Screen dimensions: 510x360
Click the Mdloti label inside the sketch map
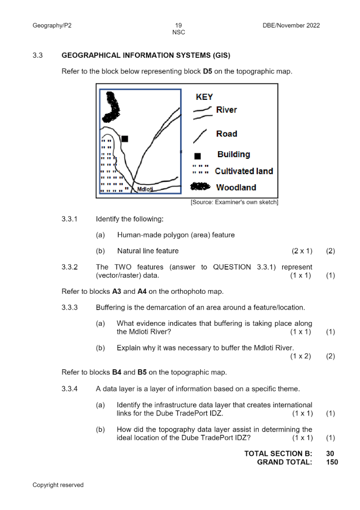pos(145,189)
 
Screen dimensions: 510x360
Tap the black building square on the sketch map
pos(125,138)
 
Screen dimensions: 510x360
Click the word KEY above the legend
pos(204,97)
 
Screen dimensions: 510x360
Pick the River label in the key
pos(226,110)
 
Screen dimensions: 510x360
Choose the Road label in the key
pos(226,134)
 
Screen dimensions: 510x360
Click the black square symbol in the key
pos(197,156)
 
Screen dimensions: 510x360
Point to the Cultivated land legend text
pos(244,171)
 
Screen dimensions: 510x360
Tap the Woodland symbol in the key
pos(200,187)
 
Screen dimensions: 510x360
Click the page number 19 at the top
pos(178,26)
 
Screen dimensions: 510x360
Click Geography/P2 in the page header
pos(52,26)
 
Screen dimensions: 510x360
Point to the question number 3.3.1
pos(70,219)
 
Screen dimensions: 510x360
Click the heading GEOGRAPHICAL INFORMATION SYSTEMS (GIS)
pos(146,56)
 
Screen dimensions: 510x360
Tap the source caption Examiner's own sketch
pos(234,202)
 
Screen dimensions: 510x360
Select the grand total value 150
pos(332,462)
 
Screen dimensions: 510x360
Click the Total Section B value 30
pos(330,454)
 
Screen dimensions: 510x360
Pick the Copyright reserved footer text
pos(58,485)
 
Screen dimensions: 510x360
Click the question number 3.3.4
pos(70,389)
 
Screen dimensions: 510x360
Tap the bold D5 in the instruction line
pos(207,72)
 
